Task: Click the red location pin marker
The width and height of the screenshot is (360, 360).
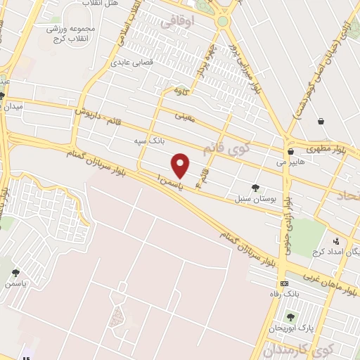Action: [x=181, y=165]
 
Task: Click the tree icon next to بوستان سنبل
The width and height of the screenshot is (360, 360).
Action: [x=255, y=188]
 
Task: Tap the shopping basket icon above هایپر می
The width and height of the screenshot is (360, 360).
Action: [x=290, y=151]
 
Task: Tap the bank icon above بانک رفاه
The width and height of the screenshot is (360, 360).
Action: [x=283, y=283]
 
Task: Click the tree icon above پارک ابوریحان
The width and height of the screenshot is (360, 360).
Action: [x=290, y=317]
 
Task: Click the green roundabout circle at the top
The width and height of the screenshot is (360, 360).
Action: [x=223, y=21]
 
